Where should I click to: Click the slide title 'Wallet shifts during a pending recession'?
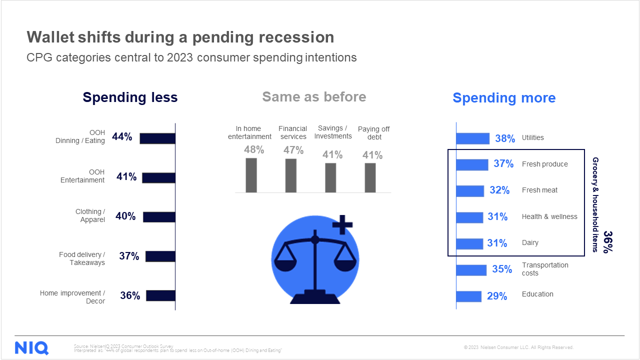pyautogui.click(x=180, y=37)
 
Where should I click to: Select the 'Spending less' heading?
pyautogui.click(x=130, y=97)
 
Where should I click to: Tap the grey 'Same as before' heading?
pyautogui.click(x=314, y=96)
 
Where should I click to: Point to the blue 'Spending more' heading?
pyautogui.click(x=504, y=98)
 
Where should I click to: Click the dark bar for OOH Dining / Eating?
pyautogui.click(x=157, y=138)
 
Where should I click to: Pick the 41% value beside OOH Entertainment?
pyautogui.click(x=126, y=176)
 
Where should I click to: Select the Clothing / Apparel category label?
pyautogui.click(x=90, y=215)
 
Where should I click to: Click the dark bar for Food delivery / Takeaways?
pyautogui.click(x=160, y=256)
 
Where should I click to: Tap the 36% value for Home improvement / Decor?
pyautogui.click(x=130, y=295)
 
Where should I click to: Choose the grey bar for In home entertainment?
pyautogui.click(x=251, y=175)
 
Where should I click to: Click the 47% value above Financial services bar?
pyautogui.click(x=293, y=150)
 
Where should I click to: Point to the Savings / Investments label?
pyautogui.click(x=333, y=132)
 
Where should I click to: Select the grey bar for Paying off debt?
pyautogui.click(x=370, y=177)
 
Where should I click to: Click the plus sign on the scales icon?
pyautogui.click(x=342, y=224)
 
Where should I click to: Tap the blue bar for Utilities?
pyautogui.click(x=473, y=138)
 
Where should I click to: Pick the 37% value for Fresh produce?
pyautogui.click(x=503, y=164)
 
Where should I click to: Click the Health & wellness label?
pyautogui.click(x=549, y=216)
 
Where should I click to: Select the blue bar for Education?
pyautogui.click(x=469, y=296)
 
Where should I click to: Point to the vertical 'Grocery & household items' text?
pyautogui.click(x=595, y=204)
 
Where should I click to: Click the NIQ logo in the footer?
pyautogui.click(x=31, y=347)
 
